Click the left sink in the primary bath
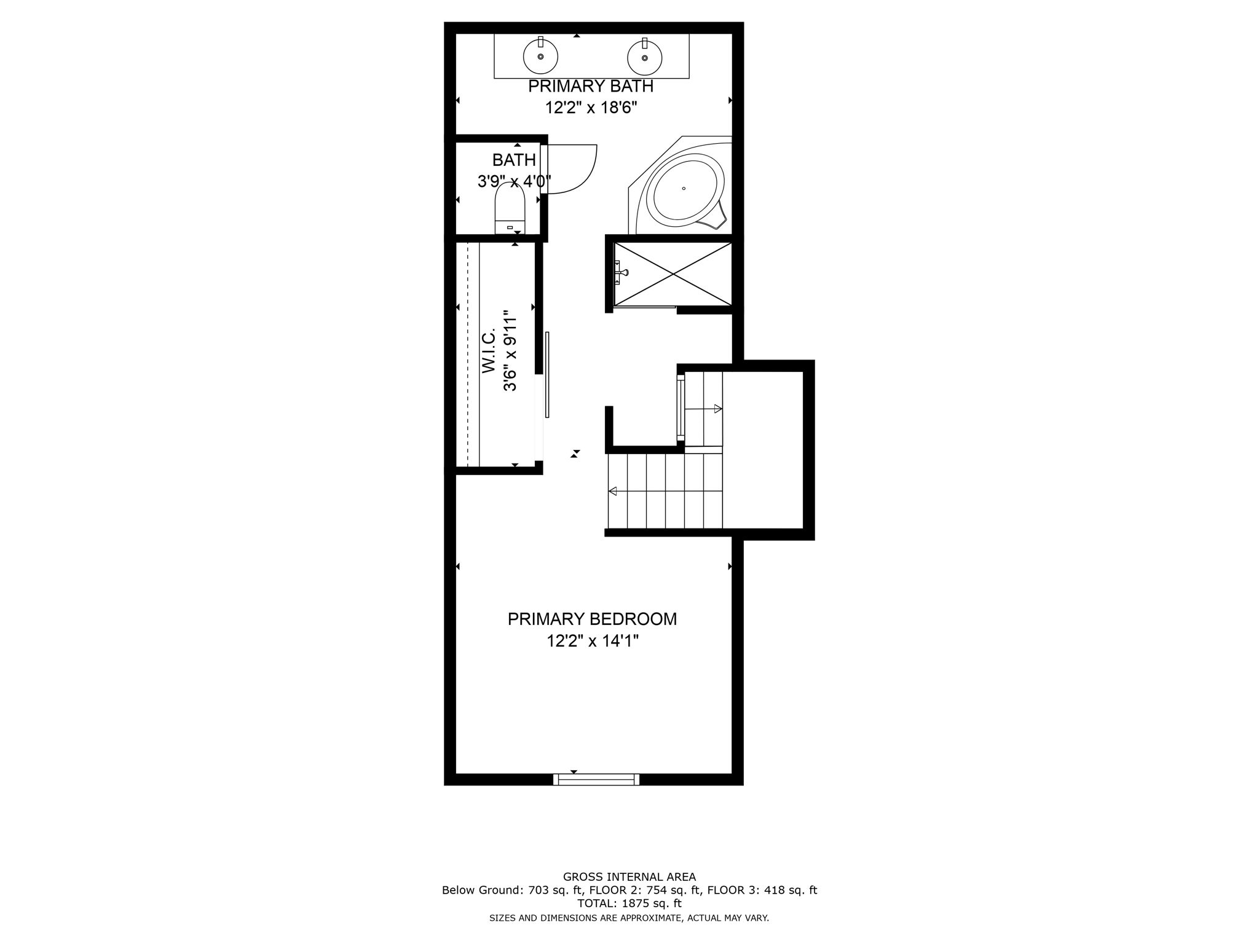click(540, 57)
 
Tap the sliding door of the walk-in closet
click(547, 375)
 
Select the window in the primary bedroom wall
click(596, 779)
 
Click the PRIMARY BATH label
click(591, 87)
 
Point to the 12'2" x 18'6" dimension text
click(591, 108)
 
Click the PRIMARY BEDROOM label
click(592, 619)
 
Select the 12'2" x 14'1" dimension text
click(593, 641)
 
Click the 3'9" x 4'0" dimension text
click(514, 181)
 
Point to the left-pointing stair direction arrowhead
click(612, 491)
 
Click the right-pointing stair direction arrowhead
click(717, 409)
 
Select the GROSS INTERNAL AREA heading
click(629, 877)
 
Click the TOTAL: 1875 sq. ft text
click(629, 903)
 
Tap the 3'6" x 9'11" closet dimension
click(510, 353)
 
